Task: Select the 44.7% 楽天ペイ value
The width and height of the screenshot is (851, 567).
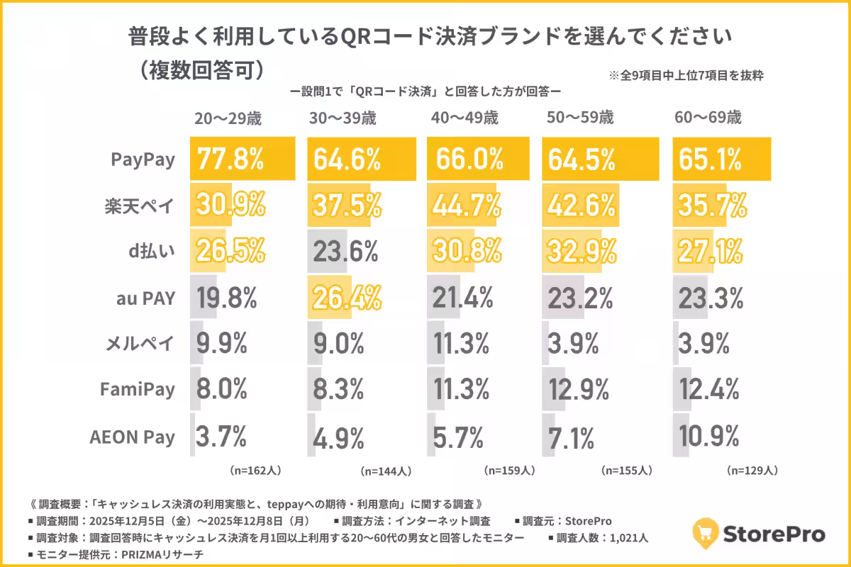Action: coord(464,206)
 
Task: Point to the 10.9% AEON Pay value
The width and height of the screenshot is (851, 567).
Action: coord(711,436)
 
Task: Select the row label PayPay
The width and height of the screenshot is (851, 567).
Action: coord(143,159)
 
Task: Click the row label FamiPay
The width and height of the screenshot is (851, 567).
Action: coord(138,390)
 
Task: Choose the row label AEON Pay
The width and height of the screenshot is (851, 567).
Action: coord(132,437)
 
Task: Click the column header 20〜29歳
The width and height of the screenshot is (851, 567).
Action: coord(228,118)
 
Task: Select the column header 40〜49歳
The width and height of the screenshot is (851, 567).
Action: coord(464,118)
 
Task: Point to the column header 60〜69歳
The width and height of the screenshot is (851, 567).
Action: coord(708,118)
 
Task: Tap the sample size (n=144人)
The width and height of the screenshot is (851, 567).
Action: coord(386,471)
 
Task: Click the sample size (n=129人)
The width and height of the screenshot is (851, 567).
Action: coord(752,471)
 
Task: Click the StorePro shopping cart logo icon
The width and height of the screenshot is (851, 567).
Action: coord(705,533)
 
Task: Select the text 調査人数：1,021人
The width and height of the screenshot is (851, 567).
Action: coord(602,538)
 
